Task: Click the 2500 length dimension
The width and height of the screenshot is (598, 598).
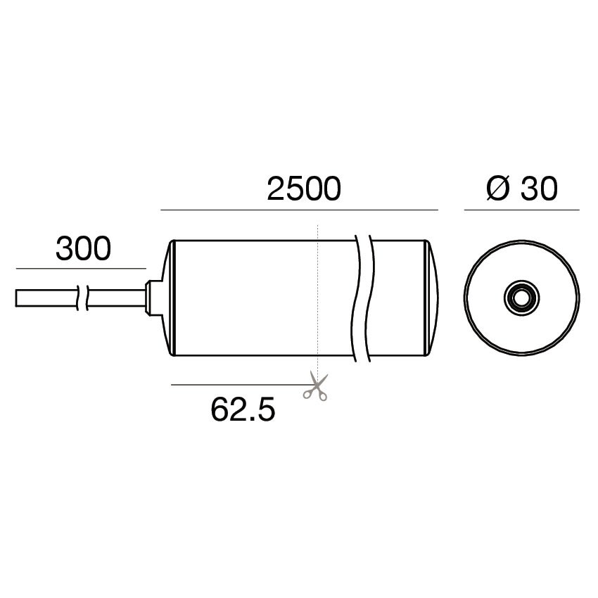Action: click(x=303, y=189)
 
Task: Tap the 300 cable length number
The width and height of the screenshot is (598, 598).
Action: click(x=83, y=249)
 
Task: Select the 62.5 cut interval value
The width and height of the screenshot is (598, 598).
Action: click(x=243, y=409)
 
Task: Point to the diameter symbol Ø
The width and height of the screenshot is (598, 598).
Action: click(x=497, y=189)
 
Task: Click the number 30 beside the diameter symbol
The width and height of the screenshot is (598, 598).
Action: click(x=539, y=189)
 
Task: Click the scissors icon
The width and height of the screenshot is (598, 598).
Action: click(x=315, y=387)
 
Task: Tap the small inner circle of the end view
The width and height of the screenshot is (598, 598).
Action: click(x=521, y=298)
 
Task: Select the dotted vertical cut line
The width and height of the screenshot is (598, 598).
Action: click(x=319, y=295)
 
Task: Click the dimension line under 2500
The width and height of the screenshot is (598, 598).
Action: click(x=299, y=210)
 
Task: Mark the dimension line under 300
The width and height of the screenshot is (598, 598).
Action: click(x=80, y=269)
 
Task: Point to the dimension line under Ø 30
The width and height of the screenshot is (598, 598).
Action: click(x=521, y=210)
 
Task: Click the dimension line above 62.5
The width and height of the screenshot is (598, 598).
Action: click(x=239, y=384)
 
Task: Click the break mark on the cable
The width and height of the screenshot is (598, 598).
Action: click(x=82, y=298)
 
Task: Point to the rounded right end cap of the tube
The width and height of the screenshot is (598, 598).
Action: click(x=431, y=298)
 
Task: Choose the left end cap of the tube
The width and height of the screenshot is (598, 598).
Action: click(x=170, y=298)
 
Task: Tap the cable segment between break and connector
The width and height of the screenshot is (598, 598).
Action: click(x=116, y=298)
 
